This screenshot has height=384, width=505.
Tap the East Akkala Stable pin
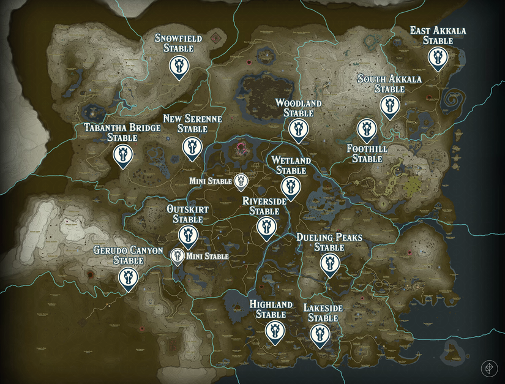click(437, 58)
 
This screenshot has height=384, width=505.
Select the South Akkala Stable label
click(381, 84)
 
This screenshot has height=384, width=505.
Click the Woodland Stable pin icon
click(298, 129)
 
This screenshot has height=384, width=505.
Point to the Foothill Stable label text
click(364, 154)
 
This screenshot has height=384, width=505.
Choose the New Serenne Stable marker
click(192, 146)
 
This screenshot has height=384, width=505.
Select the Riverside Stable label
click(264, 206)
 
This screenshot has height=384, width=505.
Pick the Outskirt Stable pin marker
click(187, 235)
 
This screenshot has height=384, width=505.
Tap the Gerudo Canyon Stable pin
click(128, 276)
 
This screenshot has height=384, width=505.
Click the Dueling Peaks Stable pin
click(329, 264)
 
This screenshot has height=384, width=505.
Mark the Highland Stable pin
click(274, 330)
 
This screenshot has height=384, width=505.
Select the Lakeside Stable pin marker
click(319, 334)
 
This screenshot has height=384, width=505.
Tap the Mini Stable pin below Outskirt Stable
click(178, 256)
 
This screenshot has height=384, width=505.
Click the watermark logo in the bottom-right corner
click(489, 368)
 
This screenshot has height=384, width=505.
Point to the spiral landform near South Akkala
click(456, 97)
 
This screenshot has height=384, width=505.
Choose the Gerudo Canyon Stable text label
click(128, 255)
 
